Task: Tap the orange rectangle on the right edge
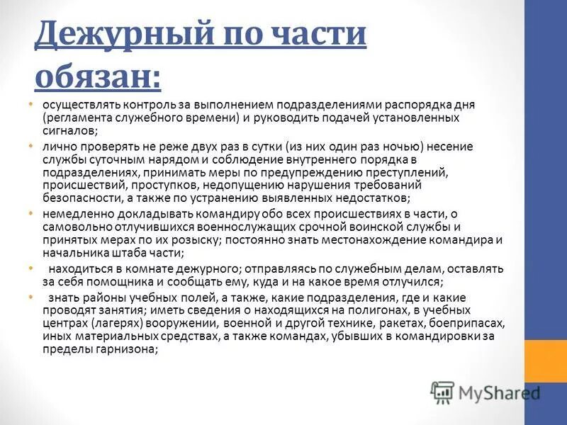point(545,361)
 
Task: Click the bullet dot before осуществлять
point(30,104)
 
